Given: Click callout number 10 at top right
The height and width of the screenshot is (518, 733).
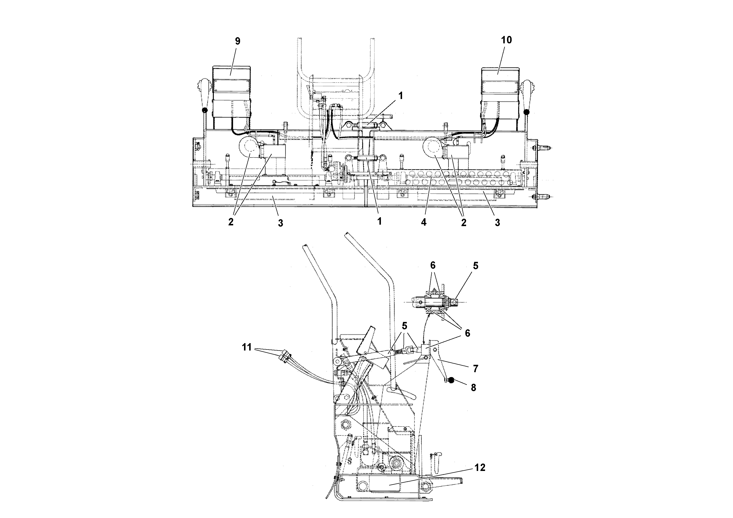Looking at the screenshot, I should click(x=506, y=40).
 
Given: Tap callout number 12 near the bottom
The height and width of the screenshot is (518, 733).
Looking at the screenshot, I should click(x=480, y=468).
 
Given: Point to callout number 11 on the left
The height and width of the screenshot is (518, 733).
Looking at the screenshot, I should click(x=246, y=347).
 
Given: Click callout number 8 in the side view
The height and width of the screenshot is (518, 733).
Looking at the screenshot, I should click(x=473, y=388).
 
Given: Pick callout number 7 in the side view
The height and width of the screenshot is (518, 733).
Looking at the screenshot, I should click(x=475, y=369).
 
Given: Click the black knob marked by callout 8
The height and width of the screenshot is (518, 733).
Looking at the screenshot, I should click(x=451, y=380).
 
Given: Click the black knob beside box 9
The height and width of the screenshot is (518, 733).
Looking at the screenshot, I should click(x=204, y=111).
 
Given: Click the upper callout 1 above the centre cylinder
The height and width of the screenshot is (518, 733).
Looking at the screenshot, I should click(x=400, y=95).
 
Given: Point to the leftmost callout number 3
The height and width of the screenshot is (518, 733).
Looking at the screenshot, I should click(x=280, y=223).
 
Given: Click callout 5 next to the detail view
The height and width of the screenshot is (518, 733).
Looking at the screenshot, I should click(x=475, y=266).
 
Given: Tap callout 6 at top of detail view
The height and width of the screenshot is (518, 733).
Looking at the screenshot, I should click(x=433, y=265).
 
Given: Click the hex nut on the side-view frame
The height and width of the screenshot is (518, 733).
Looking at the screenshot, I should click(x=346, y=424).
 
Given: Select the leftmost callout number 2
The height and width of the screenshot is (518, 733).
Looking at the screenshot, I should click(x=230, y=222).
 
